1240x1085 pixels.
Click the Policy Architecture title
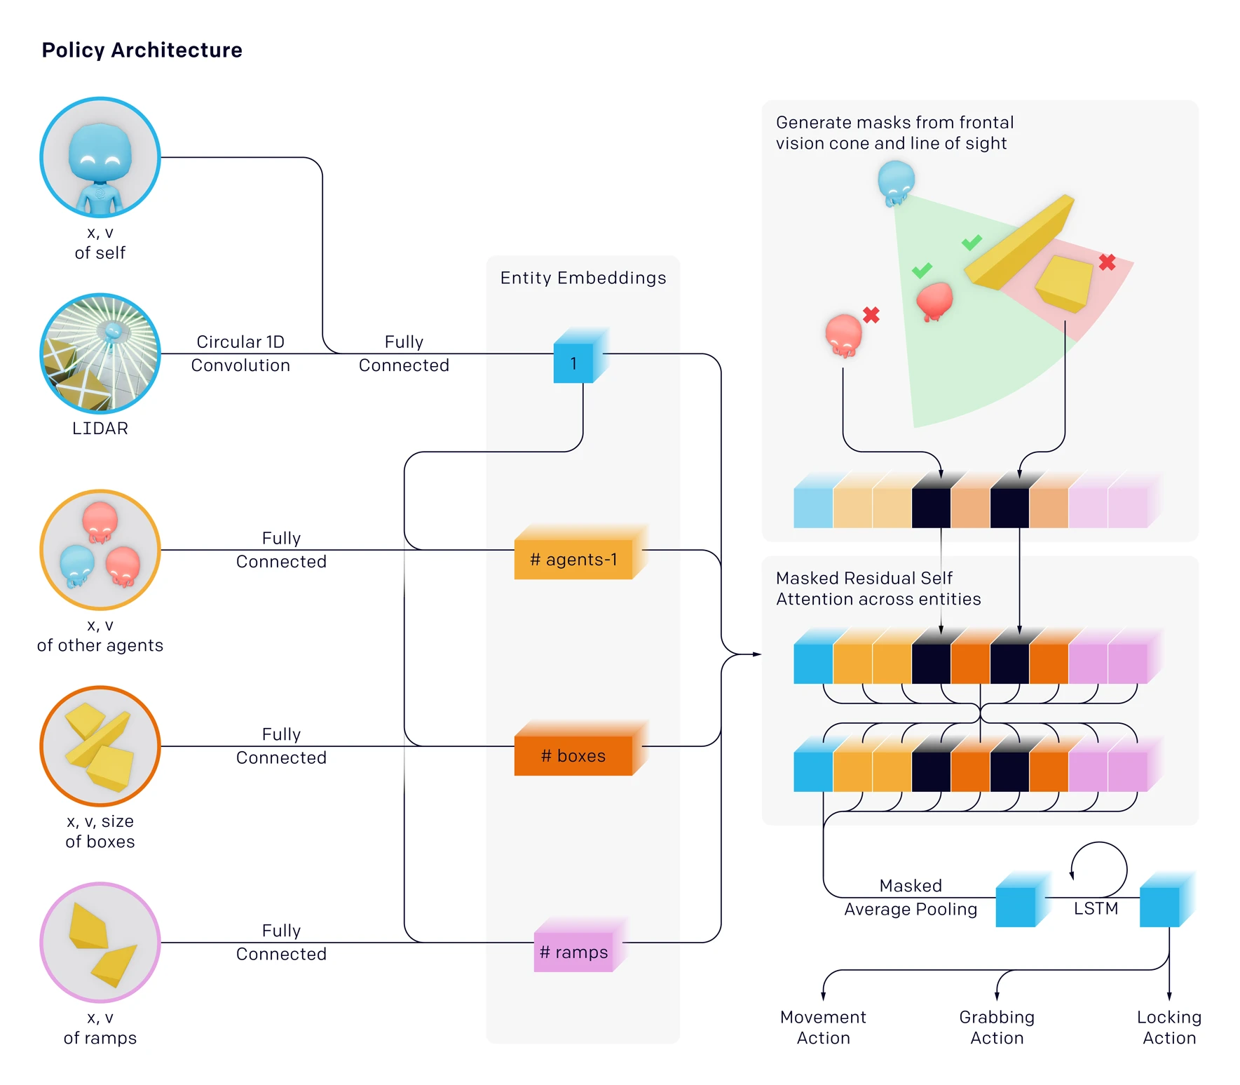tap(142, 50)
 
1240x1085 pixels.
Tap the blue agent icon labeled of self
tap(100, 158)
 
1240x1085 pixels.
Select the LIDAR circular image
tap(100, 353)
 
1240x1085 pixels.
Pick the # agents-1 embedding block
tap(573, 559)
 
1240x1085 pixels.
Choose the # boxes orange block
tap(573, 755)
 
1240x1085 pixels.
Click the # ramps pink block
tap(573, 952)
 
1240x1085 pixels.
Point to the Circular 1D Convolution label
tap(240, 353)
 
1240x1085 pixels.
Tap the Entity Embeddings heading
tap(582, 278)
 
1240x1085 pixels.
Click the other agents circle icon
tap(100, 550)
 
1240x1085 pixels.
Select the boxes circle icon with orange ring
tap(100, 746)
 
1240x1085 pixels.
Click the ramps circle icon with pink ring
tap(100, 943)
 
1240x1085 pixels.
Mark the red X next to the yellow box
tap(1107, 262)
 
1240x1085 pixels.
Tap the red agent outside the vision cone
tap(843, 335)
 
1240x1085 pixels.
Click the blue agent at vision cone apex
tap(896, 182)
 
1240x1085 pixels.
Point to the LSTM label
tap(1096, 908)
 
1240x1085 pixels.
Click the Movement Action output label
tap(823, 1027)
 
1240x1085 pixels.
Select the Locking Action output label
tap(1169, 1027)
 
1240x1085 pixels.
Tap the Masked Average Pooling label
tap(910, 897)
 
